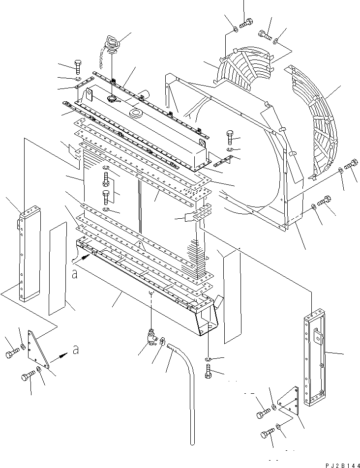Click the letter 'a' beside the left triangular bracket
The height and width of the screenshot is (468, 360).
point(75,350)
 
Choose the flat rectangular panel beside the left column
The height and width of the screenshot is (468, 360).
point(58,268)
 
